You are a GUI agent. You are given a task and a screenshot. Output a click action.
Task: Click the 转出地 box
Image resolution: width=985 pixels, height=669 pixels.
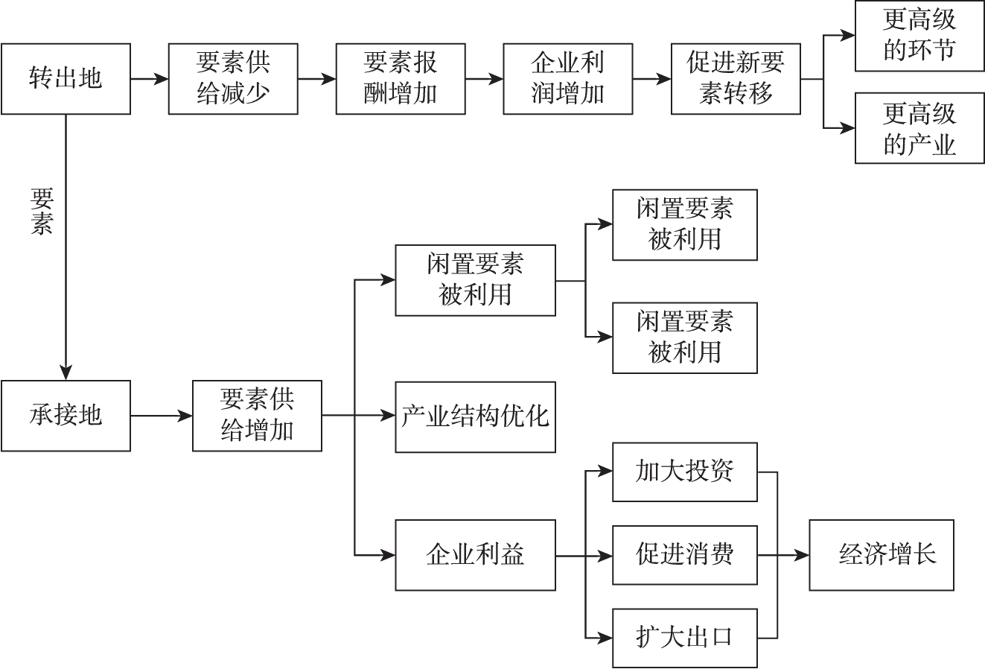66,78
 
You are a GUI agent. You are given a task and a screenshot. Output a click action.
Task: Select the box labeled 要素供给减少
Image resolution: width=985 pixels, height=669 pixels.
233,78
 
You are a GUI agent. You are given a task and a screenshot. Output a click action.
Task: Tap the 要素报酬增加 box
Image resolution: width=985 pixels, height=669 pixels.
401,78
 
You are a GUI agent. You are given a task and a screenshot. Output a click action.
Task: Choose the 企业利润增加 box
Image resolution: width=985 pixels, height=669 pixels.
568,78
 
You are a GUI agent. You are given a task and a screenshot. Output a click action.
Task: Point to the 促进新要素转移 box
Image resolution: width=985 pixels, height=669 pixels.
736,78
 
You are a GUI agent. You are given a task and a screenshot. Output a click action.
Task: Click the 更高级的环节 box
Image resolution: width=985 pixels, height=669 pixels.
919,36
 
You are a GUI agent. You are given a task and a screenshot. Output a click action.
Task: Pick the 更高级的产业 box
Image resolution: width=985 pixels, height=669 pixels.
919,128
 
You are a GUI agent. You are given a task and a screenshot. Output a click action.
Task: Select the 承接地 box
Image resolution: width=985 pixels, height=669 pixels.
66,416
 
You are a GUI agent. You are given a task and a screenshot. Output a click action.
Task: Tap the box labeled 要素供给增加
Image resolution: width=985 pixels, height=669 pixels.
257,416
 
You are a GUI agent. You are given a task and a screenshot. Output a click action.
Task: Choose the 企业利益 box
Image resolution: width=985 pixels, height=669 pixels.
475,555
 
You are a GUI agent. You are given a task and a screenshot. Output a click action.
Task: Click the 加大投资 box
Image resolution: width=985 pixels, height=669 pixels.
684,472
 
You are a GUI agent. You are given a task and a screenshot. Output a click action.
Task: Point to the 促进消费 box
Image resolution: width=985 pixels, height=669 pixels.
684,555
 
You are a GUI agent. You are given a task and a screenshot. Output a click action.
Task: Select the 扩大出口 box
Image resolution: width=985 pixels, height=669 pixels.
684,638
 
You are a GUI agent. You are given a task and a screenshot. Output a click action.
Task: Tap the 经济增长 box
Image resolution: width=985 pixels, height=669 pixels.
882,555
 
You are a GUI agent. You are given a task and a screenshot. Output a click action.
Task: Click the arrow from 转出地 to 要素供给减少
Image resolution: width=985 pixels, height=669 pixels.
150,78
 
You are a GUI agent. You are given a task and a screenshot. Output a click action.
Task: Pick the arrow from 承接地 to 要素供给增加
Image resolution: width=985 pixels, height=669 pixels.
162,416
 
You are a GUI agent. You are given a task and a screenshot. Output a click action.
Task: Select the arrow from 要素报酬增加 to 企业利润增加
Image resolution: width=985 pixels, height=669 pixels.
485,78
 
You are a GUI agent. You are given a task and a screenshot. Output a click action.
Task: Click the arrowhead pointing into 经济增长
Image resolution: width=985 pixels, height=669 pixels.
802,555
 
